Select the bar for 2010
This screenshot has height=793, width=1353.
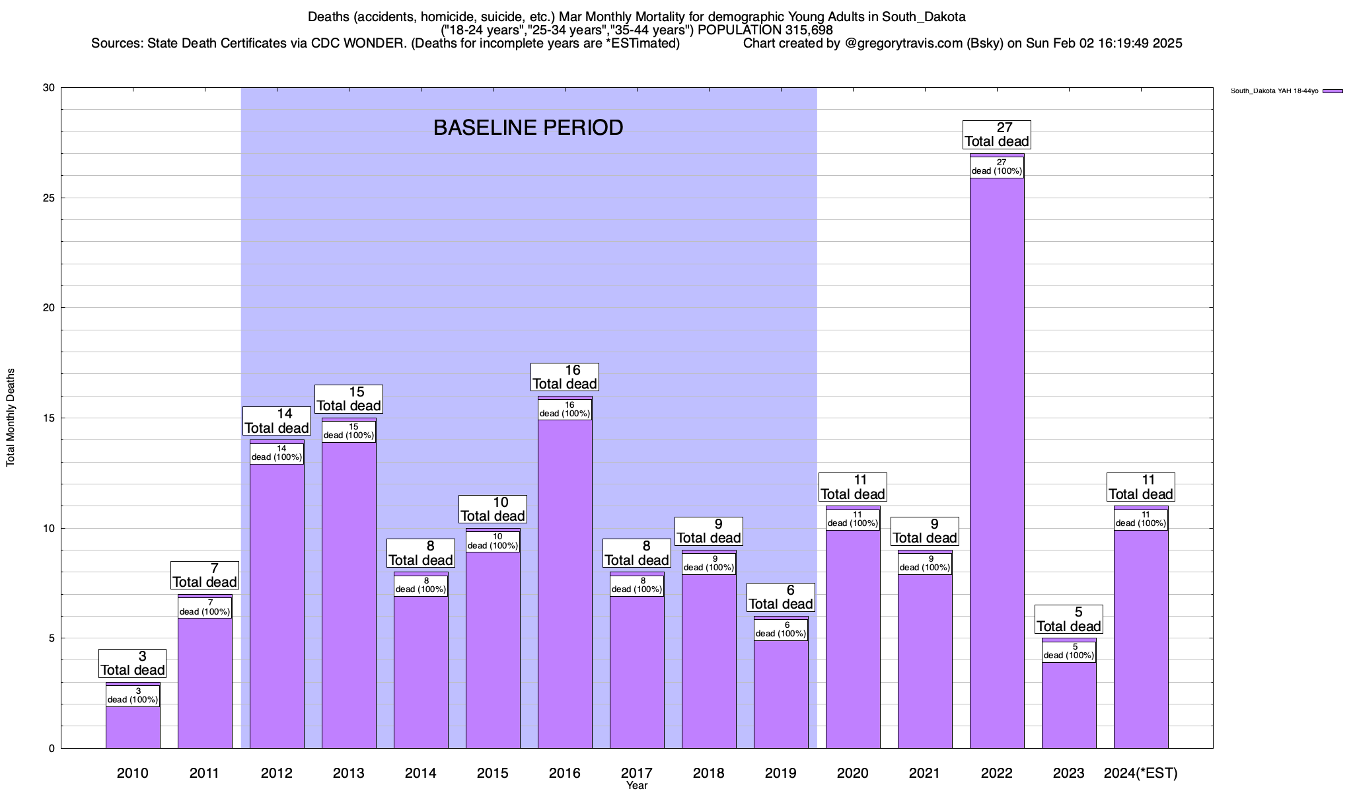[133, 727]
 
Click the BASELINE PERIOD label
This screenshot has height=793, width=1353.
[528, 128]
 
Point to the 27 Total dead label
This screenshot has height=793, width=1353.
[997, 135]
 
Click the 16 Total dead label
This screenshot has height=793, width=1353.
[565, 377]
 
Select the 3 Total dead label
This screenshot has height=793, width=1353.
[133, 663]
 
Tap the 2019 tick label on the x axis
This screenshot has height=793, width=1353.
[781, 773]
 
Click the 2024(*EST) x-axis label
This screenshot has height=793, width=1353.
[1141, 773]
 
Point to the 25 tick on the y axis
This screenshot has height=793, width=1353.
[49, 198]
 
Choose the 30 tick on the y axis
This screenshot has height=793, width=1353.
[49, 88]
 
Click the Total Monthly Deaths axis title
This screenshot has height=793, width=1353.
[11, 418]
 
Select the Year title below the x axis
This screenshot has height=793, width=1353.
[637, 786]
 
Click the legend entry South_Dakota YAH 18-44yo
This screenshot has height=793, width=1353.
[1274, 91]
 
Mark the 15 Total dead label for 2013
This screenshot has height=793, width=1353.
[349, 399]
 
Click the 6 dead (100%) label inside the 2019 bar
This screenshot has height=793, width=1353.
[781, 630]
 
